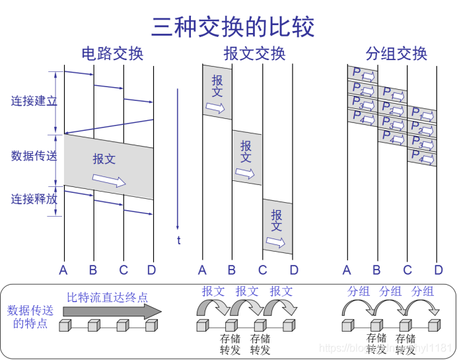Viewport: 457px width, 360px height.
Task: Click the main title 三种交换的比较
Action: point(232,26)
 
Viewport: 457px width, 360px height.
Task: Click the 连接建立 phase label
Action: point(34,101)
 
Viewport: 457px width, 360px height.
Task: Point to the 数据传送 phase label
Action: point(34,156)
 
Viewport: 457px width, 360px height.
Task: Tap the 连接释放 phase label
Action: point(34,199)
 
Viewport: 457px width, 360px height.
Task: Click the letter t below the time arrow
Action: point(178,240)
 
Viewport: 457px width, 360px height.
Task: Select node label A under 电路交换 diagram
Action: point(63,270)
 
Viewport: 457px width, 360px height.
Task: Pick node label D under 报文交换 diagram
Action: point(294,270)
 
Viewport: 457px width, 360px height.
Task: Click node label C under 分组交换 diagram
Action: point(407,270)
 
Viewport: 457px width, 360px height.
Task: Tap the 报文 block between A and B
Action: point(217,92)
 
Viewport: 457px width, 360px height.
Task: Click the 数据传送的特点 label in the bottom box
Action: point(30,316)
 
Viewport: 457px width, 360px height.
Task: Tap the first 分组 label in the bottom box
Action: point(359,291)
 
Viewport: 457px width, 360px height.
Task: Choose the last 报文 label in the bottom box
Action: point(281,291)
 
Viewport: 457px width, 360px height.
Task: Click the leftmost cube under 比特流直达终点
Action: point(65,326)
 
